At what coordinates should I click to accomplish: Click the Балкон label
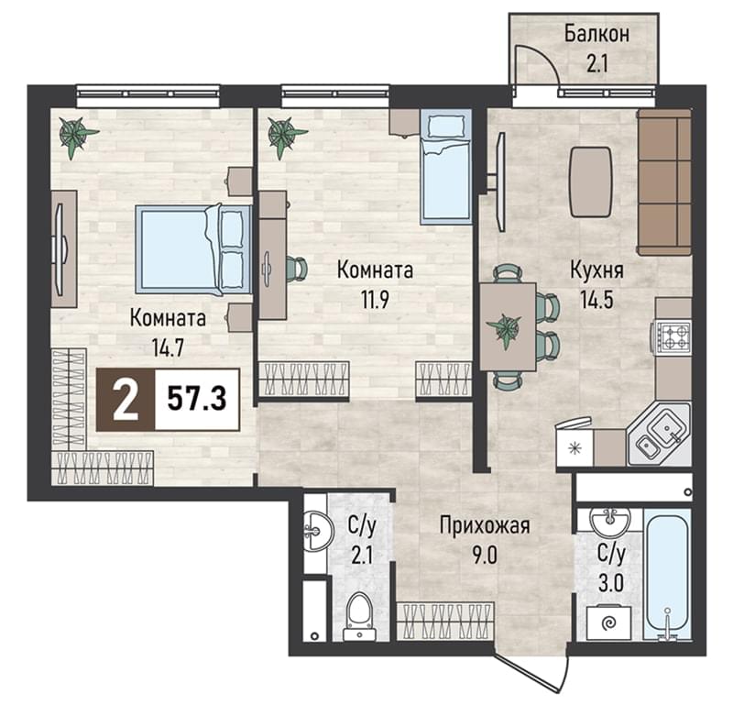click(x=597, y=34)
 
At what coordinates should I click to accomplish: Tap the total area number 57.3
click(x=197, y=399)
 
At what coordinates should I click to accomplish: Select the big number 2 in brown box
click(x=126, y=399)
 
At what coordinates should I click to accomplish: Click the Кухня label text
click(x=597, y=270)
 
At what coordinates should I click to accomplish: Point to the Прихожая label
click(x=485, y=526)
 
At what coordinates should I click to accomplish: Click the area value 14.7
click(x=168, y=347)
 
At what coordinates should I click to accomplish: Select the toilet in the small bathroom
click(x=359, y=617)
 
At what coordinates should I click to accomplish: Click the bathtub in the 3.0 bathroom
click(x=667, y=575)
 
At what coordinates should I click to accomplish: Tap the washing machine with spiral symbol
click(x=608, y=622)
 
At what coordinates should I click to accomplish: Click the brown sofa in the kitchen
click(x=664, y=182)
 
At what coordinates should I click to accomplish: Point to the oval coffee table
click(x=590, y=182)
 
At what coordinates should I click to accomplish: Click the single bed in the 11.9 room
click(x=445, y=167)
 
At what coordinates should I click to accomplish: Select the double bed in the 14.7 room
click(x=193, y=250)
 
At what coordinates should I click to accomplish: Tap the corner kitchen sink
click(x=659, y=435)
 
